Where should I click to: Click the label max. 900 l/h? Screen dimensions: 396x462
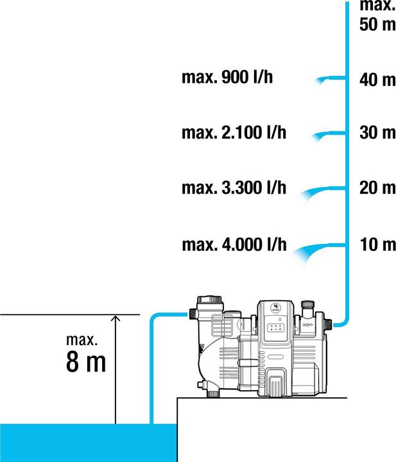click(227, 78)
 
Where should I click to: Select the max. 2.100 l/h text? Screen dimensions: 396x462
click(234, 133)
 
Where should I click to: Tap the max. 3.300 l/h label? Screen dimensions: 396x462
click(234, 187)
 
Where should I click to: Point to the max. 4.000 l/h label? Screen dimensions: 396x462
click(234, 244)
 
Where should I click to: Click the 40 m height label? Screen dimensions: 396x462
click(377, 80)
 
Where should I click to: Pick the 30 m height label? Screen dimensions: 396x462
click(377, 132)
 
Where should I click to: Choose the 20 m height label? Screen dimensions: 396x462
click(377, 187)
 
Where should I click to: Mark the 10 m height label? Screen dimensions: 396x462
click(377, 244)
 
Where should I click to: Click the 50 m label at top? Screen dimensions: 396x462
click(377, 24)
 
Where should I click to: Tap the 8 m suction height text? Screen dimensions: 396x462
click(86, 362)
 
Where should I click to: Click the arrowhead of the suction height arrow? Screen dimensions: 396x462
click(116, 318)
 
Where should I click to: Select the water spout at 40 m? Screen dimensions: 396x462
click(330, 80)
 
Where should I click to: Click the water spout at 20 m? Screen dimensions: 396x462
click(322, 192)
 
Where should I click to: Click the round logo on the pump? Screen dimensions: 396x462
click(276, 308)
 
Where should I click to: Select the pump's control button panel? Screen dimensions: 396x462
click(275, 328)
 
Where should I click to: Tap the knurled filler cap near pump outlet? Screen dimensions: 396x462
click(307, 304)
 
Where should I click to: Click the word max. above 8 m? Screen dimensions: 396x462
click(82, 339)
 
